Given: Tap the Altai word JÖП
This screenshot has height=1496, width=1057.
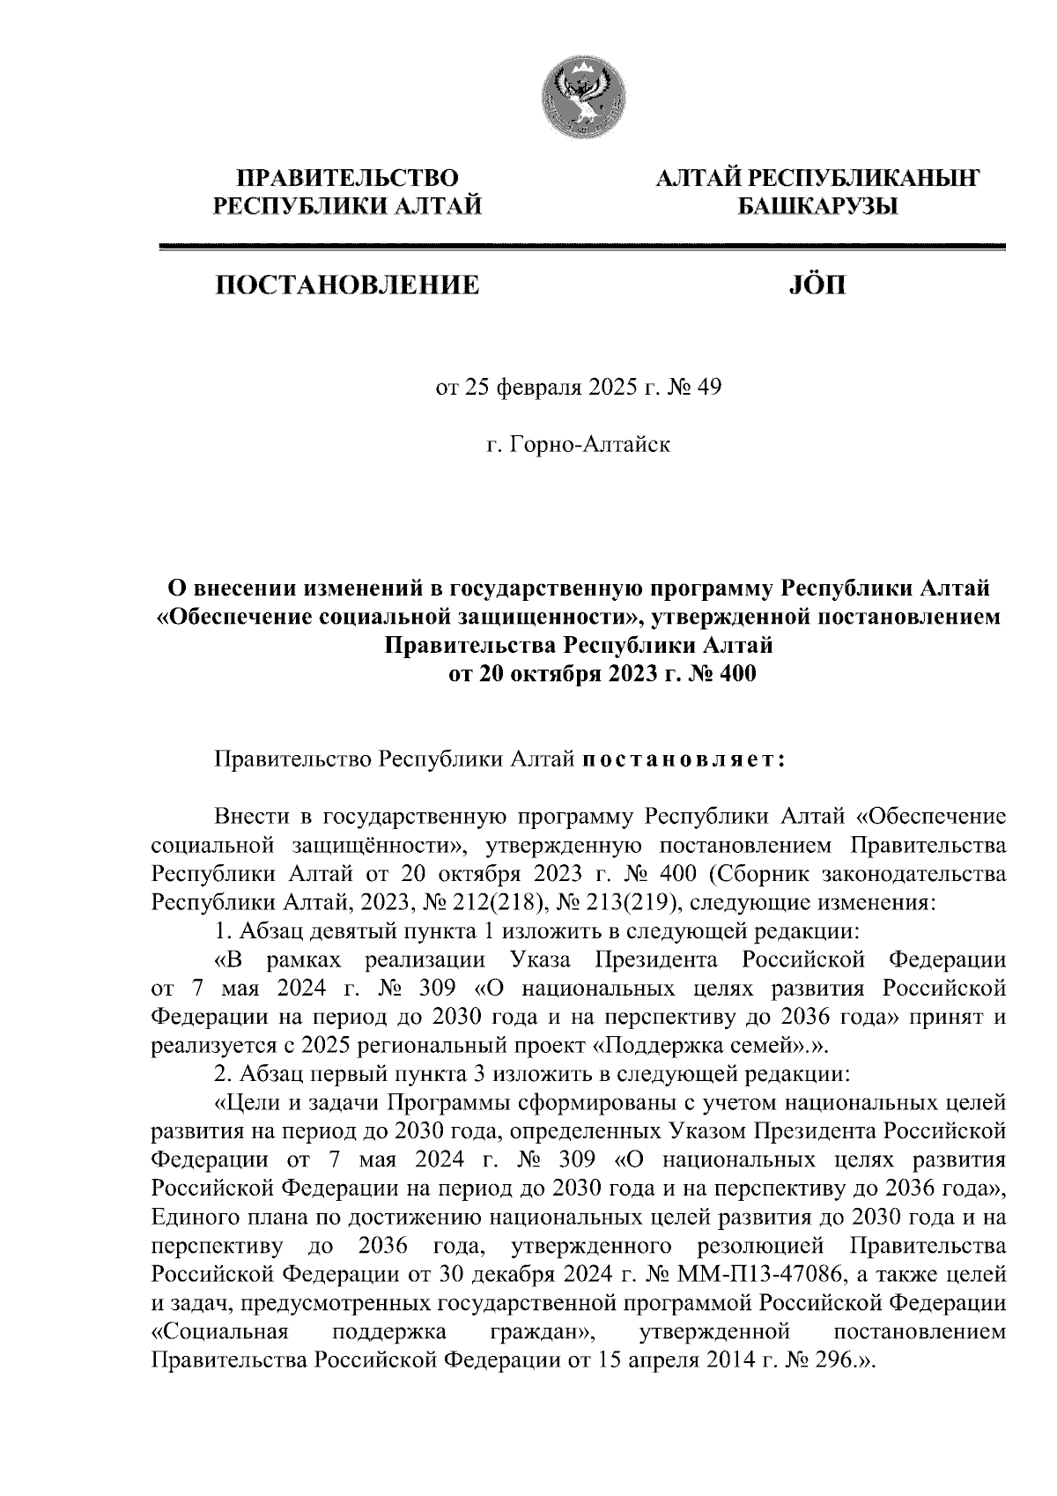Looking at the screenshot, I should coord(813,285).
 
